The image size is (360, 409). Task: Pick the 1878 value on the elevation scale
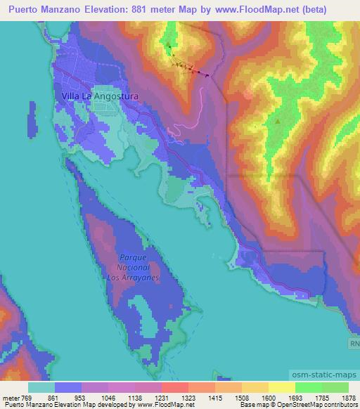347,397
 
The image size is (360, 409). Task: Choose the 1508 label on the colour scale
238,397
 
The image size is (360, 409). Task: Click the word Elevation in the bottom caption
70,405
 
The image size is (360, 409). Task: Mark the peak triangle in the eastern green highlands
278,121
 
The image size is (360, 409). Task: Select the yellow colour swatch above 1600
281,387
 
